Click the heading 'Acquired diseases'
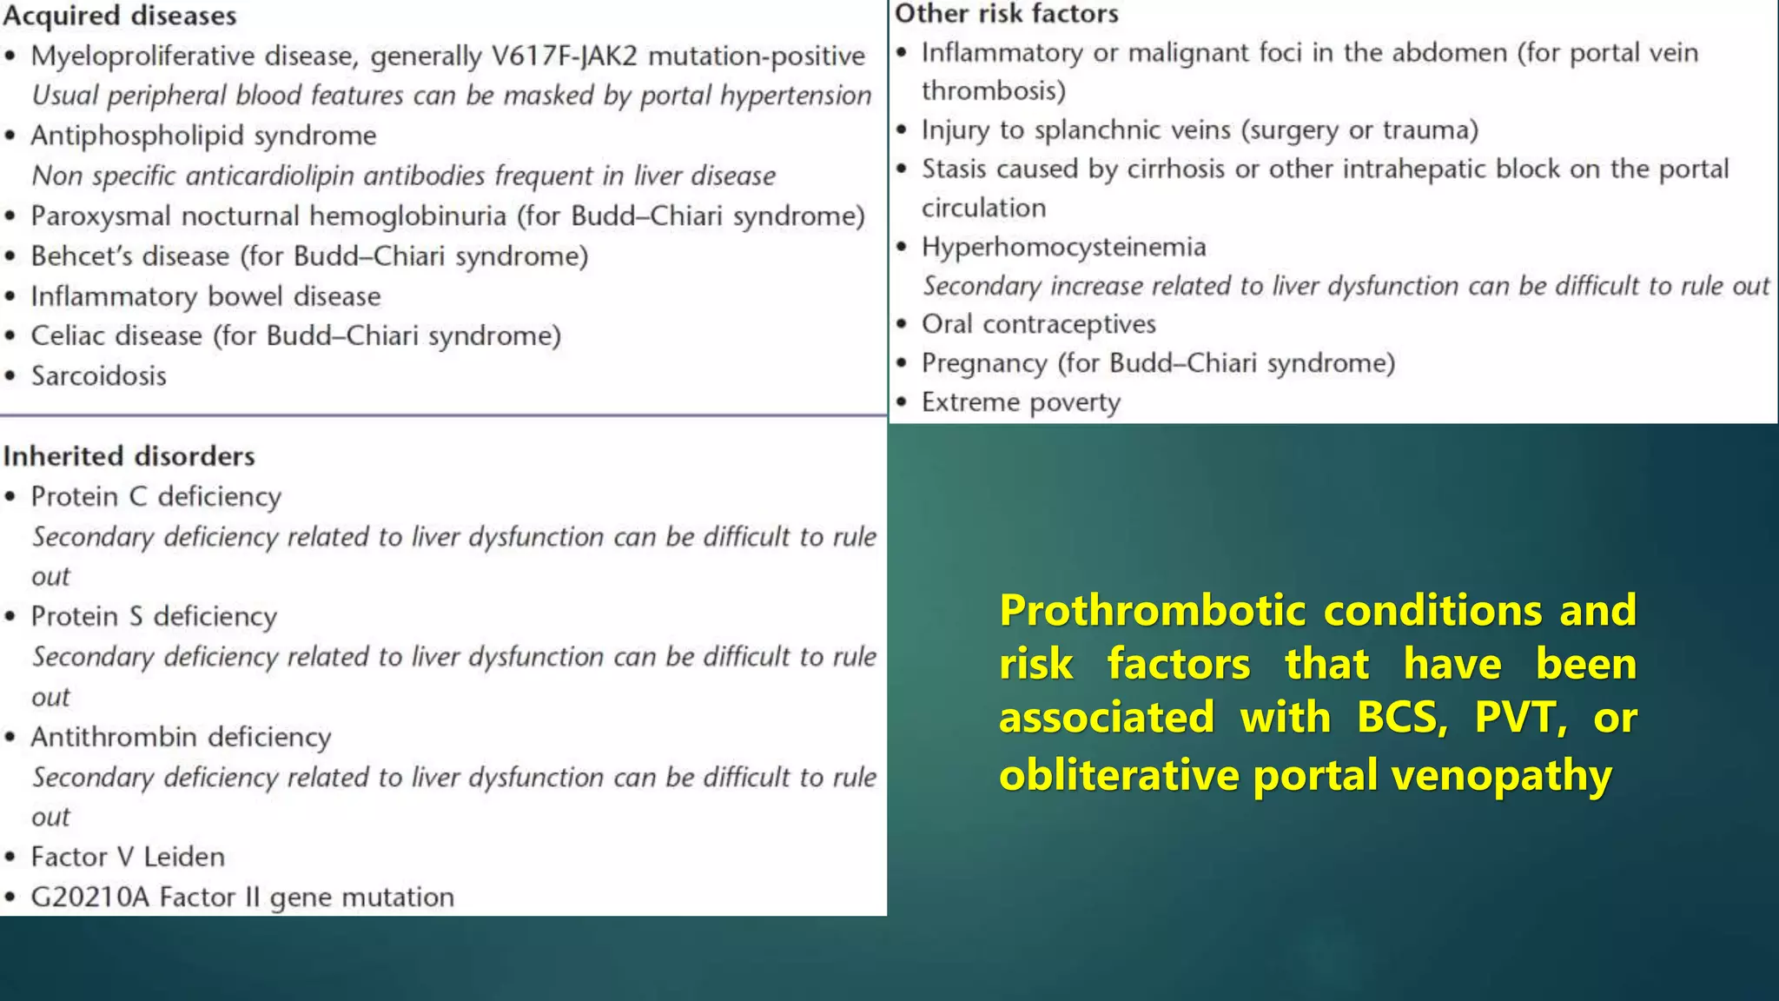tap(120, 17)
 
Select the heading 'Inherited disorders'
tap(129, 456)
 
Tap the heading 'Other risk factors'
tap(1007, 14)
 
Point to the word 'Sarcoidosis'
tap(99, 376)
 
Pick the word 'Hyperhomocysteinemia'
tap(1063, 248)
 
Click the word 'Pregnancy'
tap(984, 363)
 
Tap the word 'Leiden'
tap(184, 857)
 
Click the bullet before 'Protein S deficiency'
tap(10, 617)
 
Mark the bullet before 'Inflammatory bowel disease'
tap(10, 297)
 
